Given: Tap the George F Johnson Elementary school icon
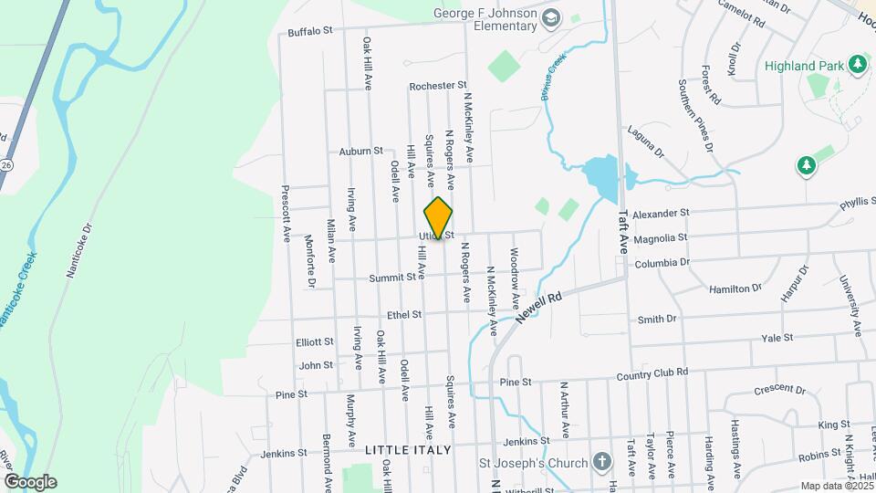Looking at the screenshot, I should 551,17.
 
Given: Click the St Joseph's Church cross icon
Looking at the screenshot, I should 601,461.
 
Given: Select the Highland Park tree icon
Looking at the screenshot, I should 856,64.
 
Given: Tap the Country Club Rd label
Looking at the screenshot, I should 652,373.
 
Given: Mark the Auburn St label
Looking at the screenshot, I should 360,151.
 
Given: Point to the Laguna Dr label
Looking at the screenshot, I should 645,142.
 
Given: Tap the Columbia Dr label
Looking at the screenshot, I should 662,263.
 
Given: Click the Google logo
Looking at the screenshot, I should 30,482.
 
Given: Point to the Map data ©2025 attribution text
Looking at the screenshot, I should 836,486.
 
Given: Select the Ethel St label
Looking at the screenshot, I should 404,314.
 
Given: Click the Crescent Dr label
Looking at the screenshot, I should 781,390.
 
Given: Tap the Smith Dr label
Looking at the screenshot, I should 657,319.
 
